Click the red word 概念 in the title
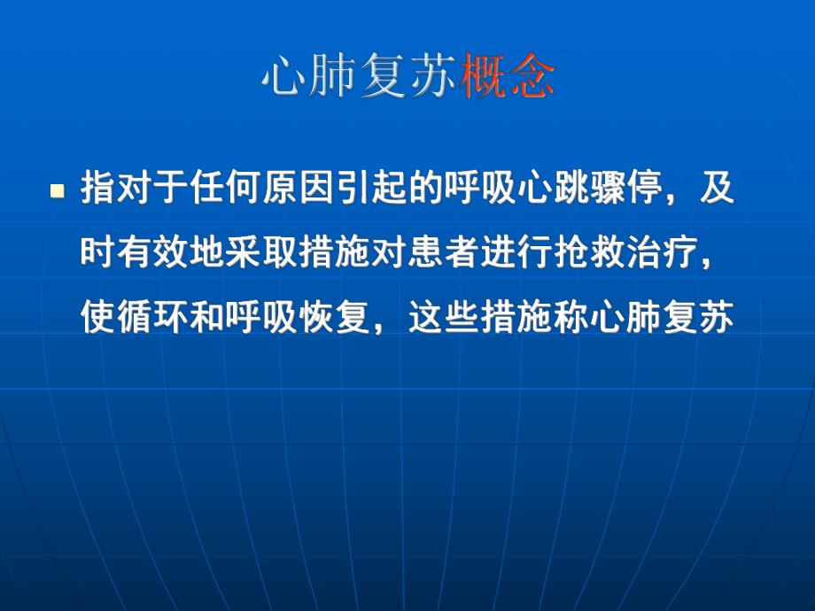tap(508, 80)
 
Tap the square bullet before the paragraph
tap(58, 191)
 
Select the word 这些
tap(445, 317)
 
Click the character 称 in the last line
tap(572, 317)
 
